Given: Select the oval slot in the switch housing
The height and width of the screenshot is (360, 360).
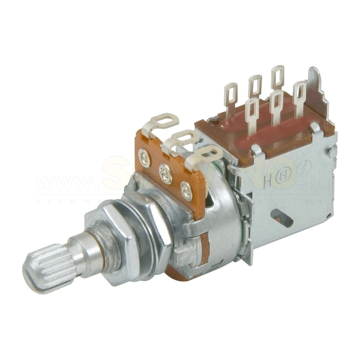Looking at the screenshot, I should tap(283, 217).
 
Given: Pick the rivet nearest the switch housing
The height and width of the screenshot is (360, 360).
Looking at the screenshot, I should tap(186, 190).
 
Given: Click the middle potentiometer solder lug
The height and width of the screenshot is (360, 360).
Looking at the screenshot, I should tap(182, 138).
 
